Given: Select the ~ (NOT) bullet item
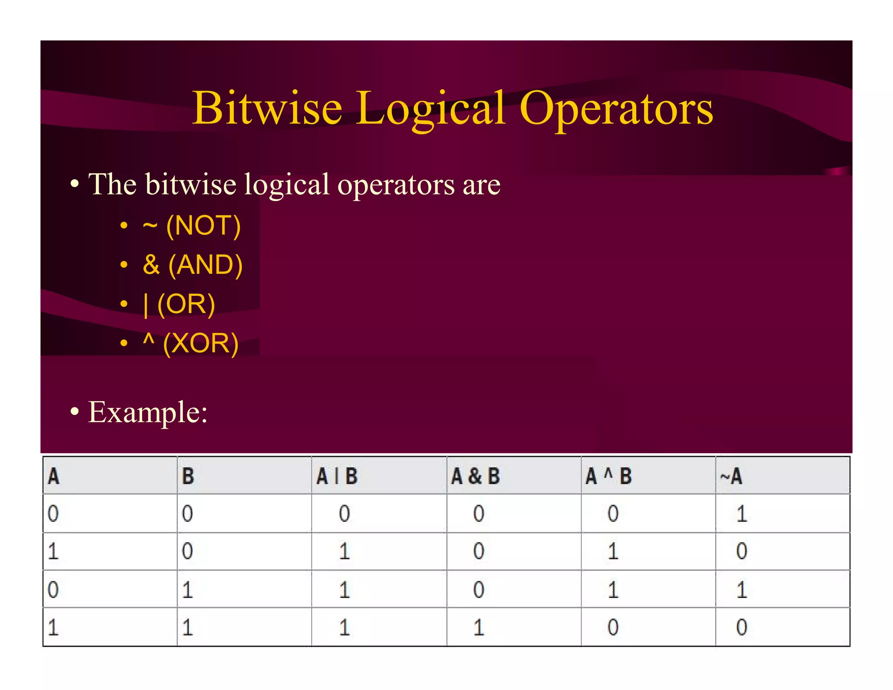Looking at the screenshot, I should [191, 226].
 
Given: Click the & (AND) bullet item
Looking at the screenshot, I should [192, 265].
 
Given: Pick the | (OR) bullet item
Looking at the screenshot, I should [179, 304].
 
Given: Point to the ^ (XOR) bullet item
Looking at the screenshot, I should [191, 343].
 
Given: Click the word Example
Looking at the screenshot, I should [147, 412].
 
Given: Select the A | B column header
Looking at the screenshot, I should [337, 476].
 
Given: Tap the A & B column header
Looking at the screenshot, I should [475, 476].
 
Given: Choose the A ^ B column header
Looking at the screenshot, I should [608, 476].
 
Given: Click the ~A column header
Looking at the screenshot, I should [731, 476].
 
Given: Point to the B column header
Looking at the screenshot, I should [188, 476].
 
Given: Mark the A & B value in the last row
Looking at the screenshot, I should [479, 628].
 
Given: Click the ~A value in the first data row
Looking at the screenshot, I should [742, 513].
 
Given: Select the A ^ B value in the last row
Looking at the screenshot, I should [613, 628].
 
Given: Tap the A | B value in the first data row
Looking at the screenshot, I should [344, 513].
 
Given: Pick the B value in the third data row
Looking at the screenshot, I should [187, 590].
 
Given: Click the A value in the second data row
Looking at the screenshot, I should [53, 551].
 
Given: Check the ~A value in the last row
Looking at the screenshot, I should [742, 628].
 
